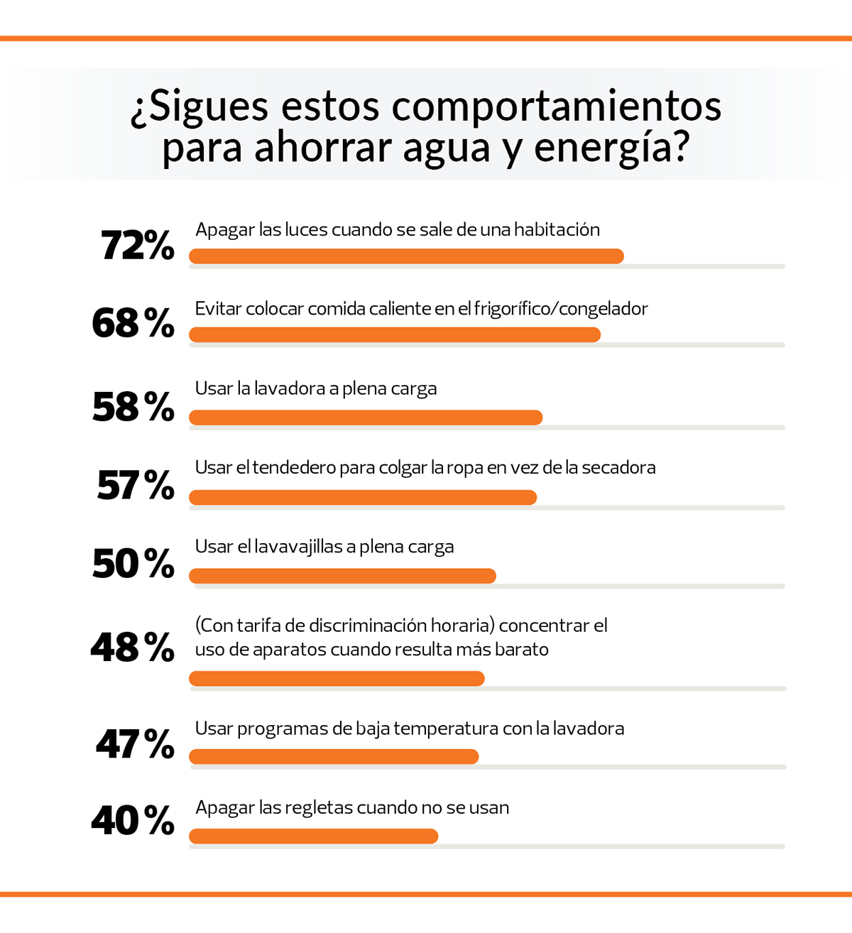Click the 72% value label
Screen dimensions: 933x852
[x=137, y=246]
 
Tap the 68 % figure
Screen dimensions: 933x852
[x=133, y=323]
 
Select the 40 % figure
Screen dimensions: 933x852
[x=133, y=821]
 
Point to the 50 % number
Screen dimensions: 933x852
[x=133, y=564]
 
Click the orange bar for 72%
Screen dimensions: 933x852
[x=406, y=256]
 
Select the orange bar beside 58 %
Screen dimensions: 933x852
[x=366, y=418]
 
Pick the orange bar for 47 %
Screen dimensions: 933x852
[x=334, y=756]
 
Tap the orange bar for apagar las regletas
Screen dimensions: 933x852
[x=313, y=836]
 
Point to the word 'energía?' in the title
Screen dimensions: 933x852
[x=611, y=147]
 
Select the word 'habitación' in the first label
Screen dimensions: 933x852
[x=557, y=229]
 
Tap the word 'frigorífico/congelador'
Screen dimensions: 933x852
[x=561, y=309]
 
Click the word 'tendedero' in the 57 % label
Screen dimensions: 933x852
[x=294, y=467]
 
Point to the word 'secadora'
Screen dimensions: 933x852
[x=618, y=467]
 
